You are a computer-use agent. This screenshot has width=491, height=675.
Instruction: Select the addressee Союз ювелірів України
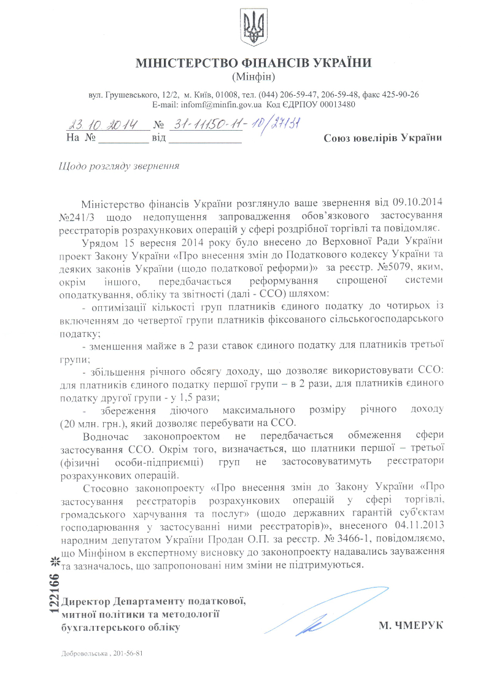click(382, 138)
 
